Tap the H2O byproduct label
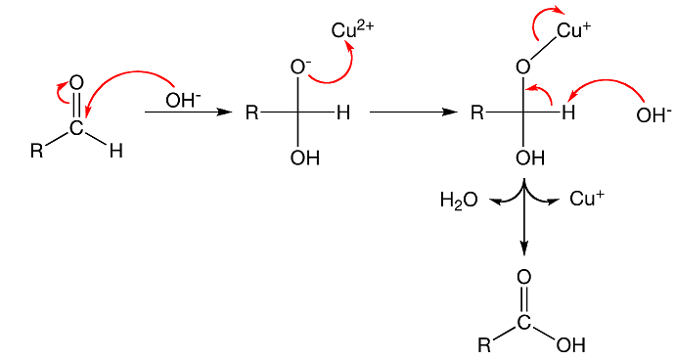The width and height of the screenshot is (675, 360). pyautogui.click(x=459, y=201)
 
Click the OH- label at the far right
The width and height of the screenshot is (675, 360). pyautogui.click(x=652, y=115)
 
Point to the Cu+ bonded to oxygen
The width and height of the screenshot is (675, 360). pyautogui.click(x=574, y=30)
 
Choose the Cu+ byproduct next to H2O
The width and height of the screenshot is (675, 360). pyautogui.click(x=587, y=200)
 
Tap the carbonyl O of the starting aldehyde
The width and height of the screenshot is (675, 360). pyautogui.click(x=77, y=82)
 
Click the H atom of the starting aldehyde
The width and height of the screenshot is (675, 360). pyautogui.click(x=116, y=152)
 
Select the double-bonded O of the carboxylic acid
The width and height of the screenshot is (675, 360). pyautogui.click(x=524, y=278)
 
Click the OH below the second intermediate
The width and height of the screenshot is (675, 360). pyautogui.click(x=305, y=158)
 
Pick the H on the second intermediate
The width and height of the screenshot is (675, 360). pyautogui.click(x=342, y=112)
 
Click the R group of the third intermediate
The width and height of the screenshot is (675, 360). pyautogui.click(x=476, y=112)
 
